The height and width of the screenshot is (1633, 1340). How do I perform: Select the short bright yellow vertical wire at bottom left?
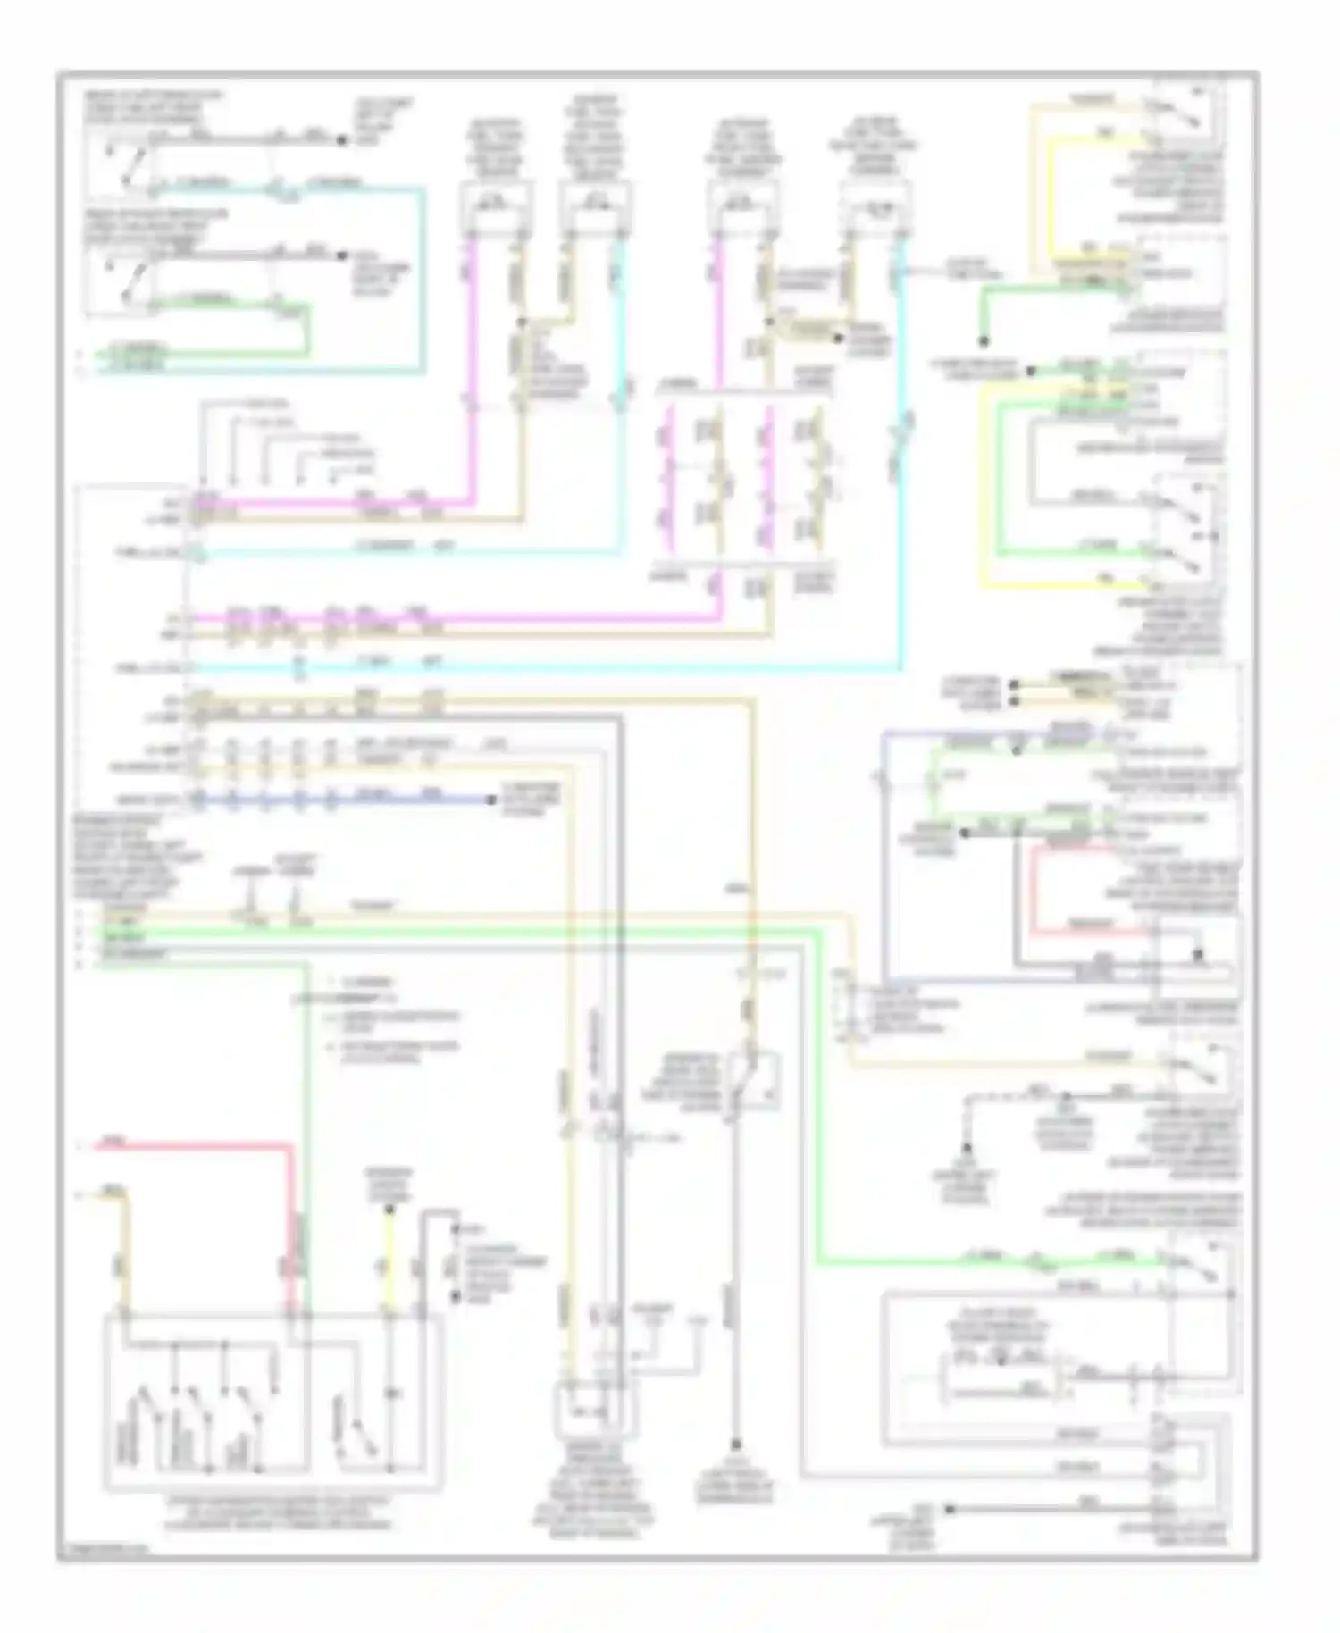[x=389, y=1260]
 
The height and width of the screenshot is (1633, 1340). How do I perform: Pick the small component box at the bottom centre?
[x=597, y=1410]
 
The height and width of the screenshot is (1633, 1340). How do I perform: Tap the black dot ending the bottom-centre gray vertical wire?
[x=735, y=1445]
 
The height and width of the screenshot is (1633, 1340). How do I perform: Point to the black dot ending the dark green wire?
[x=982, y=340]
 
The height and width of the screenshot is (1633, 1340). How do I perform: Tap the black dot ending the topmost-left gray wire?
[x=341, y=140]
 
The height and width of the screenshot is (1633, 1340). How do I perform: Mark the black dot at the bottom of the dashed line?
[x=967, y=1149]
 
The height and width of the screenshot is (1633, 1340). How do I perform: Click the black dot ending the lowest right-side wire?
[x=950, y=1509]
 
